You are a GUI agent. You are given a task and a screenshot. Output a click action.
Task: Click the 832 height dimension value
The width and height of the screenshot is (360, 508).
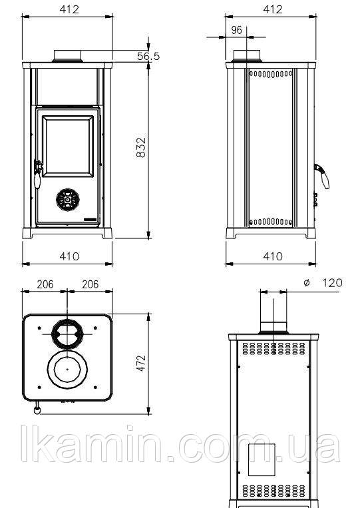coord(141,147)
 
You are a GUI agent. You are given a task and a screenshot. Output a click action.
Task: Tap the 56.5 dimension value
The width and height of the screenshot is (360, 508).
coord(148,56)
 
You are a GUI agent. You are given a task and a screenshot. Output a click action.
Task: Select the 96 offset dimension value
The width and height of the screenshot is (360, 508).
coord(237,30)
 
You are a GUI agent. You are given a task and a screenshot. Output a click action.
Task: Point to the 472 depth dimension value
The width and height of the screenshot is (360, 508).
coord(141,363)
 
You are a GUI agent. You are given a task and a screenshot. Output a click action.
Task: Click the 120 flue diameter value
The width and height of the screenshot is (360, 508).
coord(333,283)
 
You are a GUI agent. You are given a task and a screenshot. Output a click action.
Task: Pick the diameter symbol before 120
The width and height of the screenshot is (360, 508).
coord(307,283)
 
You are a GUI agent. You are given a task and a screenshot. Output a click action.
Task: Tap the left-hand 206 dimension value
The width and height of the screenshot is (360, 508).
coord(45,284)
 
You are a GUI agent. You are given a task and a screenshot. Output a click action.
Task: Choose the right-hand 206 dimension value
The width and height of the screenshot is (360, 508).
coord(90,284)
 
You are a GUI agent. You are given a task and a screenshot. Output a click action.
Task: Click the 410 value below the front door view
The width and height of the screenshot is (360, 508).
coord(69,256)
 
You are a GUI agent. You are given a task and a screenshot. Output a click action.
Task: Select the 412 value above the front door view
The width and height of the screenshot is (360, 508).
coord(69,9)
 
